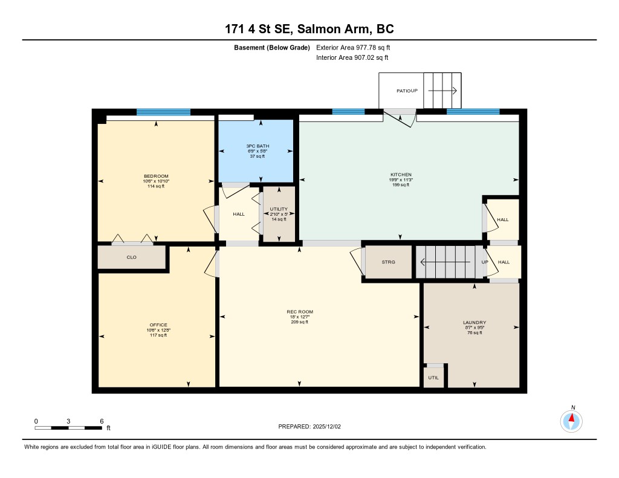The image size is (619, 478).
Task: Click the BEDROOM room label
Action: point(156,176)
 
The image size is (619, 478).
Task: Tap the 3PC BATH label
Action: point(258,146)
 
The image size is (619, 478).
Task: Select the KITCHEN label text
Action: point(401,175)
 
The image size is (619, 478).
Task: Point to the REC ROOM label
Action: point(300,312)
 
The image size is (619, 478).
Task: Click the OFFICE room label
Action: point(158,325)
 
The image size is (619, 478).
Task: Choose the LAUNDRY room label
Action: point(475,323)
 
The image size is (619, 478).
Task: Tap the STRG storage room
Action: point(389,262)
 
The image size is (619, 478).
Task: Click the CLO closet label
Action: point(131,257)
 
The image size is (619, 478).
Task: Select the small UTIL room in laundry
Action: point(433,377)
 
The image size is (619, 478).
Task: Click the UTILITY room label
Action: point(279,209)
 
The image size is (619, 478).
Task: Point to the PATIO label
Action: point(402,91)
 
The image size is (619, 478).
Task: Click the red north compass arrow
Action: point(571,418)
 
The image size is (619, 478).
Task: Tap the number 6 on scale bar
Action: point(102,421)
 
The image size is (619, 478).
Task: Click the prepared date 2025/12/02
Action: point(327,426)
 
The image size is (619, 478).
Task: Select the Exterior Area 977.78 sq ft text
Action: point(353,47)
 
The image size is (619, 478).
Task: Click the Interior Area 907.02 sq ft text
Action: point(352,57)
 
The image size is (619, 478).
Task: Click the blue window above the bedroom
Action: point(163,112)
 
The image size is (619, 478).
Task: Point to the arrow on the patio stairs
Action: point(442,91)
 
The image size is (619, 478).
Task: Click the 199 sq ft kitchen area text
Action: point(401,185)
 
